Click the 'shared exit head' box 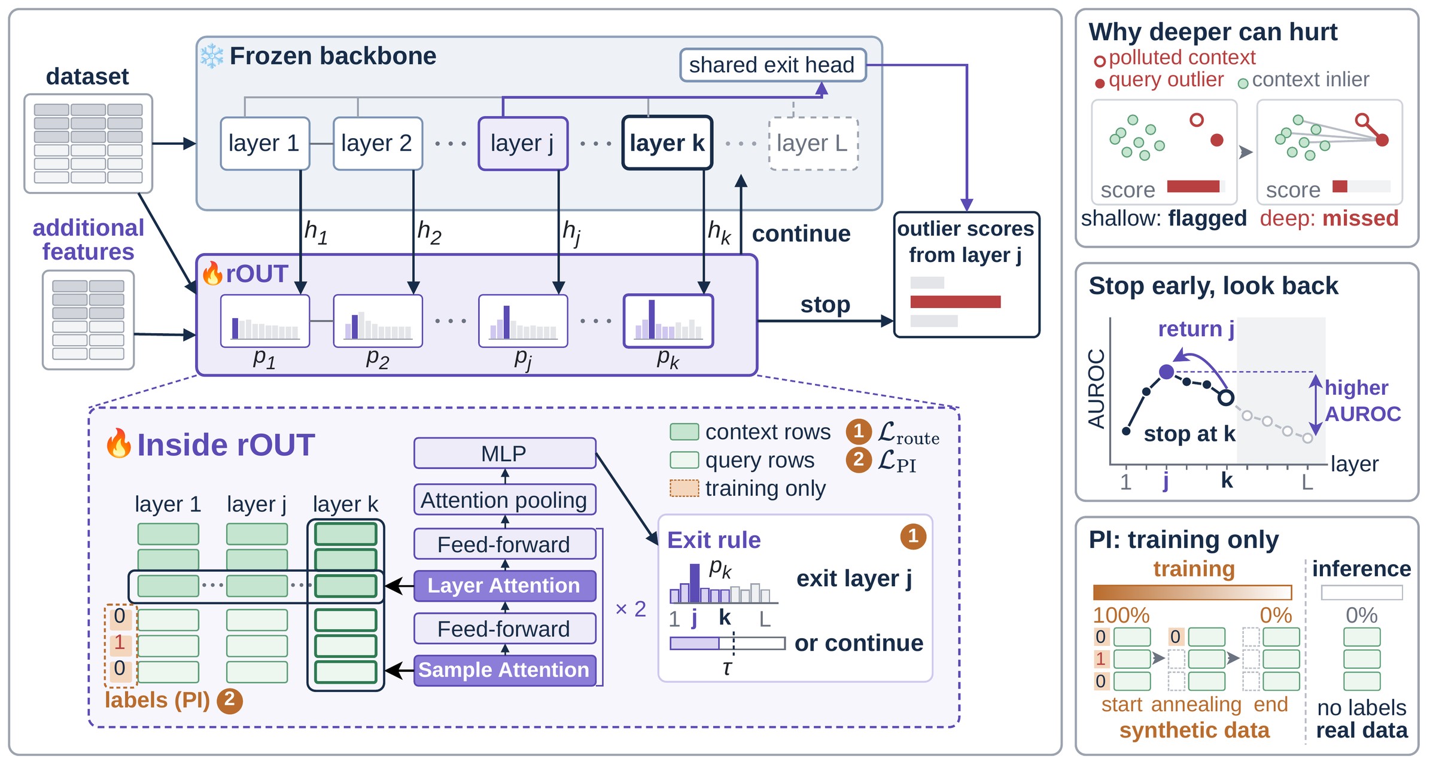[x=773, y=65]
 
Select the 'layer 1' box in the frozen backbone [x=264, y=144]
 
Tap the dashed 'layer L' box [x=813, y=144]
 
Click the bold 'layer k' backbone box [x=667, y=143]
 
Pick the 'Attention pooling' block [x=504, y=500]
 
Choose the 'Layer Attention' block [x=504, y=586]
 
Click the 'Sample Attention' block [x=504, y=670]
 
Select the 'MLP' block [x=504, y=453]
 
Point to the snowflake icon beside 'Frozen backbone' [x=212, y=56]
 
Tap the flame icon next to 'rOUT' [x=212, y=273]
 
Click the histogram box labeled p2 [x=378, y=321]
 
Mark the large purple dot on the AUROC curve [x=1166, y=372]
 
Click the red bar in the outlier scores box [x=956, y=301]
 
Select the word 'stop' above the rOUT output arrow [x=825, y=305]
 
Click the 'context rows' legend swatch [x=684, y=432]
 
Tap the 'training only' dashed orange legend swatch [x=684, y=488]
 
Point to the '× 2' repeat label [x=631, y=610]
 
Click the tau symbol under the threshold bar [x=727, y=668]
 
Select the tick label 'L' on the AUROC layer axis [x=1307, y=482]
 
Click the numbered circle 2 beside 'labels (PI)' [x=230, y=701]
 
